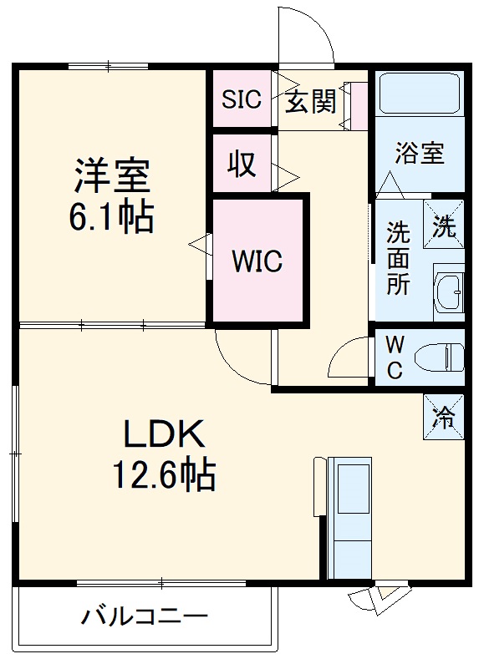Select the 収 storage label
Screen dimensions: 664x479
coord(242,165)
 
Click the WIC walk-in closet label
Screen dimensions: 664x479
coord(257,261)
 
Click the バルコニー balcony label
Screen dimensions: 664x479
coord(144,618)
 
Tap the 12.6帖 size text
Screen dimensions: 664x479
coord(164,476)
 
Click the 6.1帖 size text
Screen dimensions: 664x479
coord(111,219)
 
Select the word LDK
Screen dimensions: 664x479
coord(164,435)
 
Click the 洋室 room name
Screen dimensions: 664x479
coord(111,177)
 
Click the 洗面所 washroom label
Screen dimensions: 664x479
coord(398,259)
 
